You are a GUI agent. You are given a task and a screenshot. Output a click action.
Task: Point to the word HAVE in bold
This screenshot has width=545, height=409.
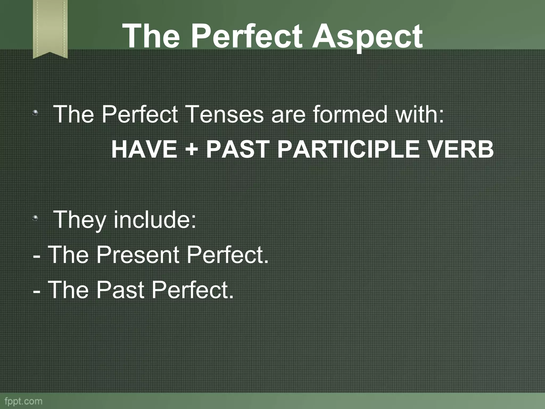pos(144,150)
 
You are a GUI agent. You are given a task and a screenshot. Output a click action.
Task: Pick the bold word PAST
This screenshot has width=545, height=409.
pos(237,150)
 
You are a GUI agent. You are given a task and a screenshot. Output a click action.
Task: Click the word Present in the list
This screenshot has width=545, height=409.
pos(138,255)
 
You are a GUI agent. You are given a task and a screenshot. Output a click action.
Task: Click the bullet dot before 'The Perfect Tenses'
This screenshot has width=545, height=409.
pos(35,113)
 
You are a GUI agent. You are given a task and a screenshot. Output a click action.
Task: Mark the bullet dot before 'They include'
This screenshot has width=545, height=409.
pos(35,219)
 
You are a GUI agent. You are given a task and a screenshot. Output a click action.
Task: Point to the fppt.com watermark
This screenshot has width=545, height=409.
pos(23,401)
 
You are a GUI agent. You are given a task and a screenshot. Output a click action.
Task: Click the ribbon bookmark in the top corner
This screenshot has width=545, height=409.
pos(50,28)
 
